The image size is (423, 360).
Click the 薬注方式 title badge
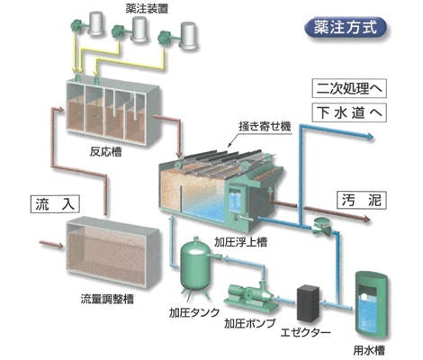pos(346,28)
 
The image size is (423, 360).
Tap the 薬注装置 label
pos(147,9)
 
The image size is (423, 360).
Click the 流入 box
pos(55,204)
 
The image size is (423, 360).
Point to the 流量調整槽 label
pos(107,299)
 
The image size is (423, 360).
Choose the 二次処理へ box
pos(349,88)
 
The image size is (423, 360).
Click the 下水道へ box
pos(349,112)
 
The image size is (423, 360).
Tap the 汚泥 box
pos(362,200)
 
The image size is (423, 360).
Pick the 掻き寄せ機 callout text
pos(265,126)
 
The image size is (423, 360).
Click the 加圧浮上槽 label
pos(240,242)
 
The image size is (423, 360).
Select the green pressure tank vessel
pos(196,266)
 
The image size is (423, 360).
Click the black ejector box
pos(308,303)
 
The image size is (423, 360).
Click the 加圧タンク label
pos(194,312)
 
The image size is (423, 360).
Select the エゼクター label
pos(305,332)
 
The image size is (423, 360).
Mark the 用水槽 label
pos(369,350)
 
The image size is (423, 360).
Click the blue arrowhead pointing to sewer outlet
pos(370,137)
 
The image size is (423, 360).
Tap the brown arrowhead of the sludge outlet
pos(367,220)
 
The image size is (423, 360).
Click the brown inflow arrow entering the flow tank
pos(51,244)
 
